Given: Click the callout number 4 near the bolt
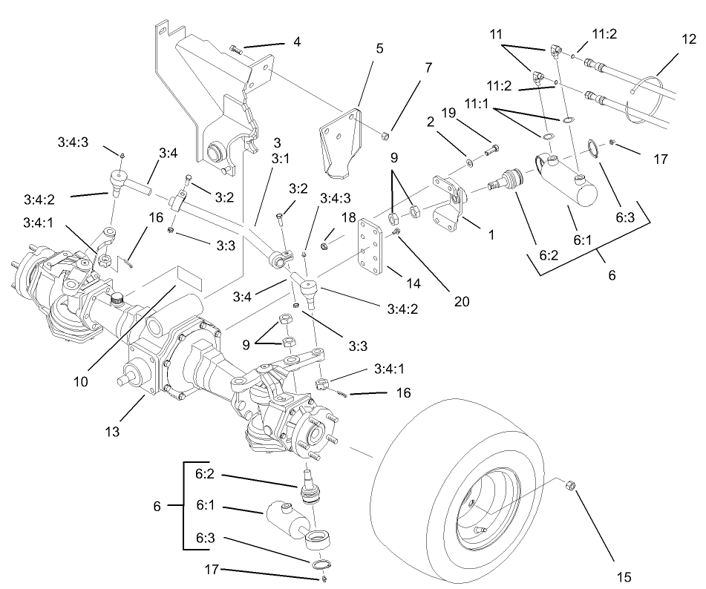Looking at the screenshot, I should click(296, 42).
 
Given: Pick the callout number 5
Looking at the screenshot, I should click(379, 49).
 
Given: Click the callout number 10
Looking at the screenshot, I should click(81, 382).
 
